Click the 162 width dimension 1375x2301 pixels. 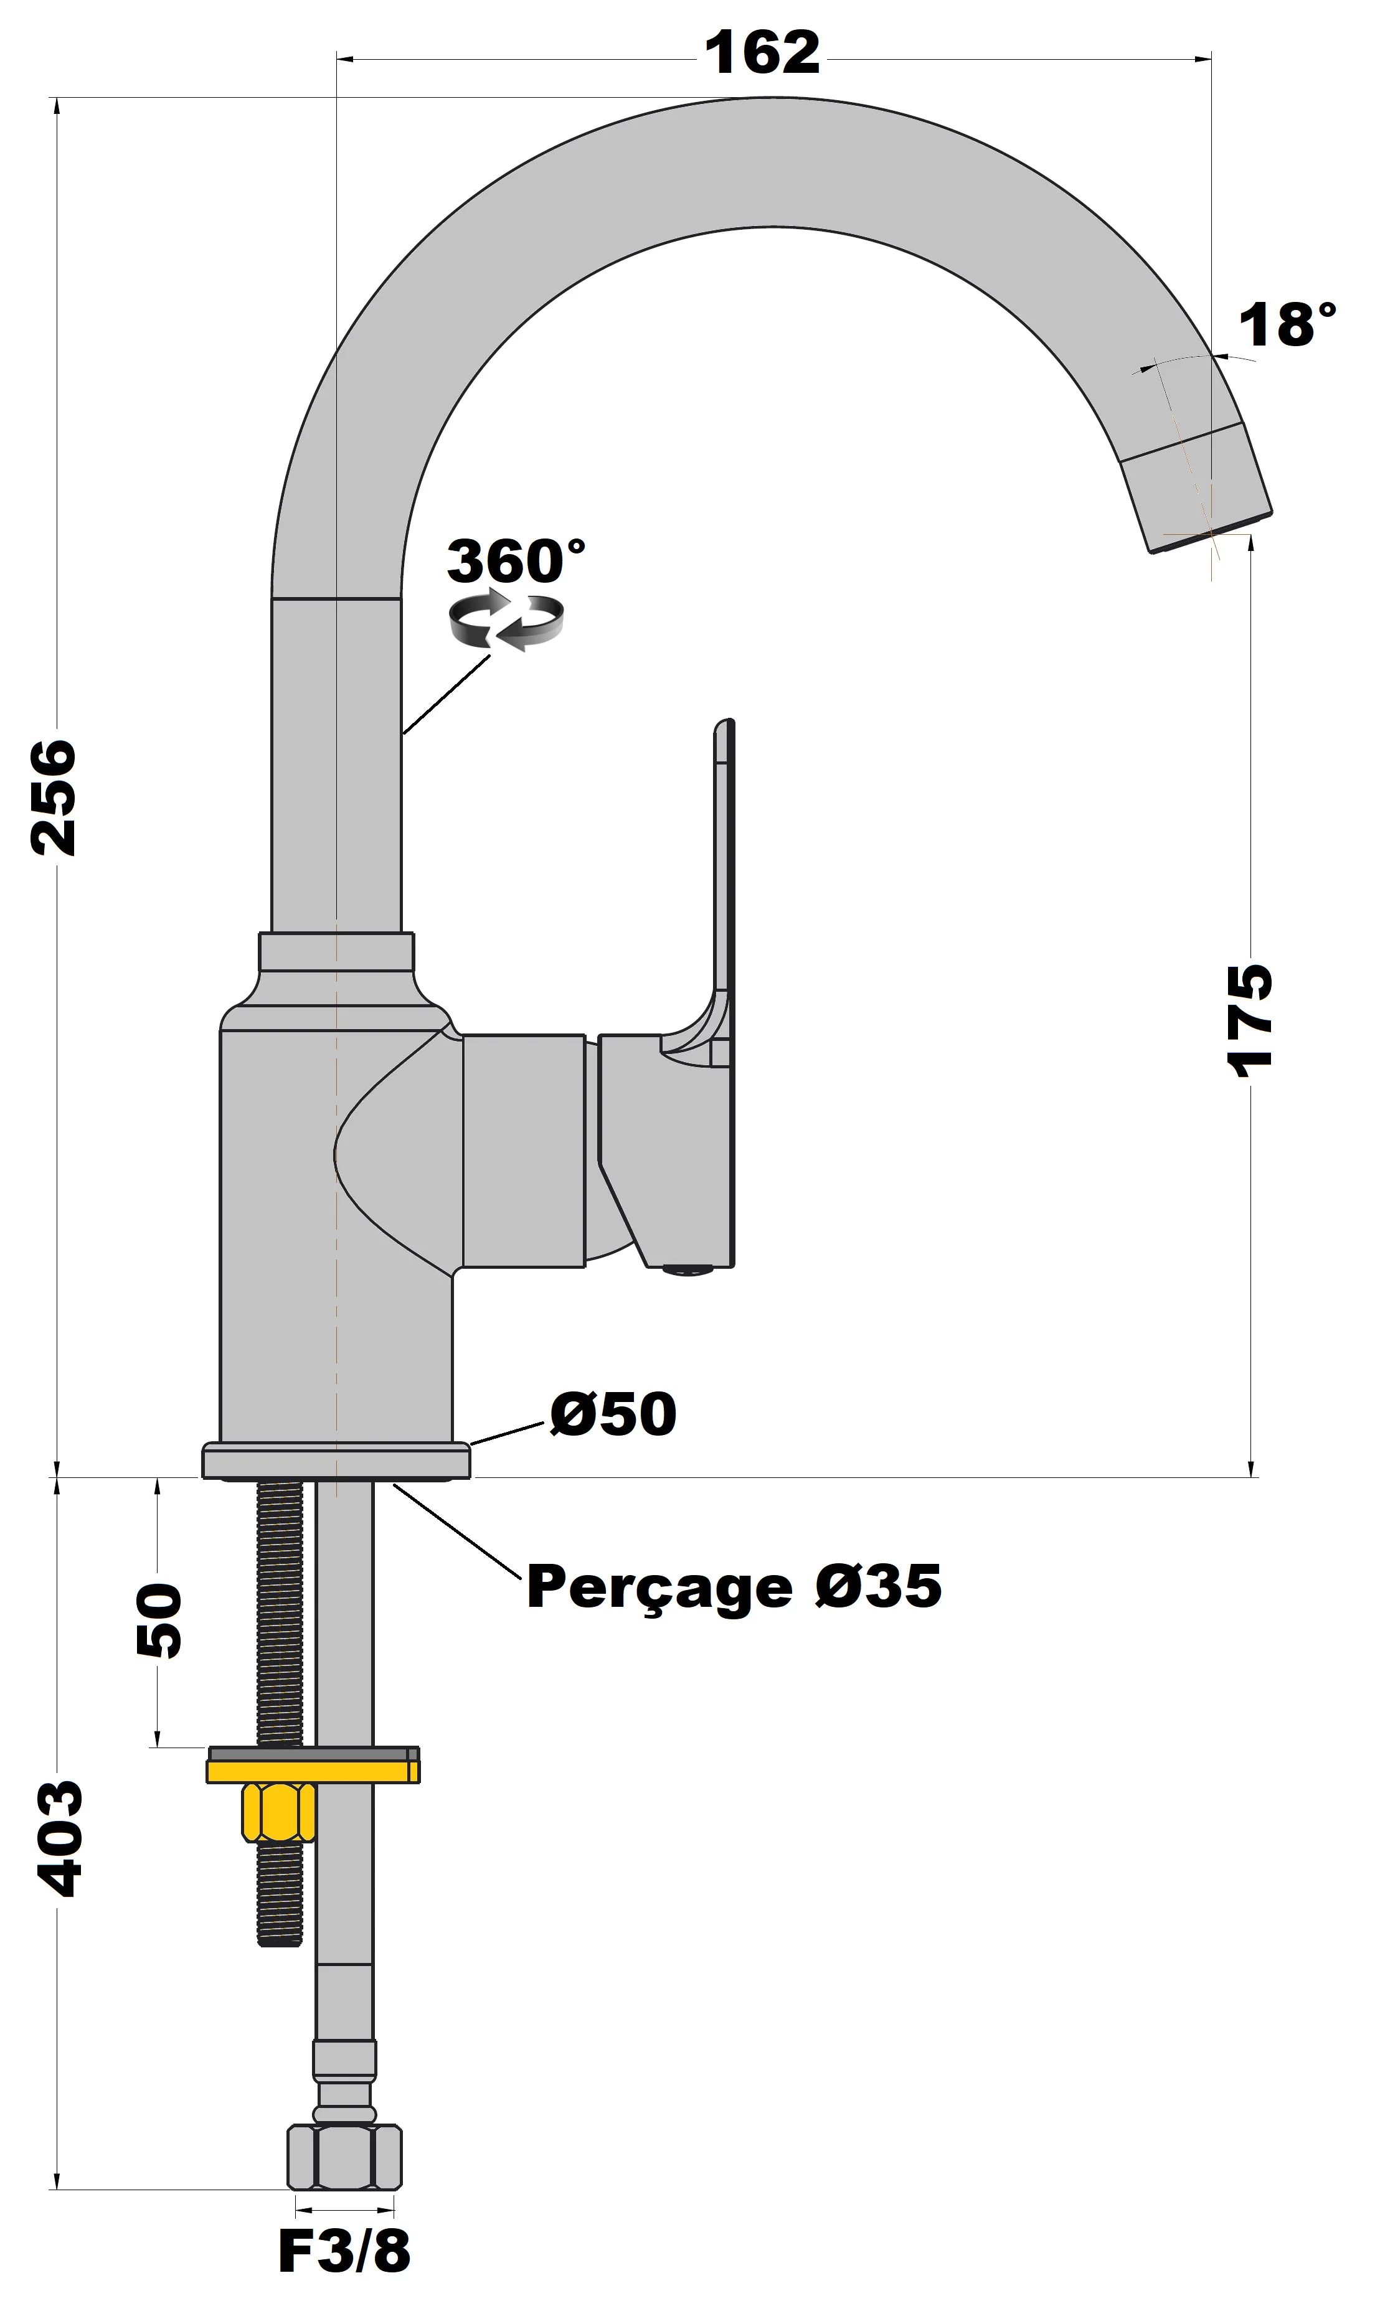click(762, 53)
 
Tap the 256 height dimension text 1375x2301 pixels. click(53, 797)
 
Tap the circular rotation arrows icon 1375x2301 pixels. click(506, 621)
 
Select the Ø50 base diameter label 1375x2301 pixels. click(613, 1414)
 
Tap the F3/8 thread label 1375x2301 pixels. click(344, 2251)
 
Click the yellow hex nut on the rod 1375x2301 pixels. click(278, 1813)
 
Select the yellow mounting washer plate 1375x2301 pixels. click(312, 1771)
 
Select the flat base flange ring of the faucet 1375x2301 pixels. click(336, 1461)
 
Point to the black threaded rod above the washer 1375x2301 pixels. click(279, 1612)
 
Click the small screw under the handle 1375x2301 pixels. click(688, 1270)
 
